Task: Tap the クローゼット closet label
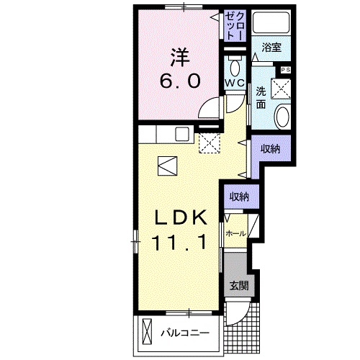(234, 26)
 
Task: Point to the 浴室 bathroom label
(271, 48)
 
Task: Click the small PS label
(285, 69)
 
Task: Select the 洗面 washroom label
(261, 97)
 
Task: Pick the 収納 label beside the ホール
(239, 197)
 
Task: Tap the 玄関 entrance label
(239, 284)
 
